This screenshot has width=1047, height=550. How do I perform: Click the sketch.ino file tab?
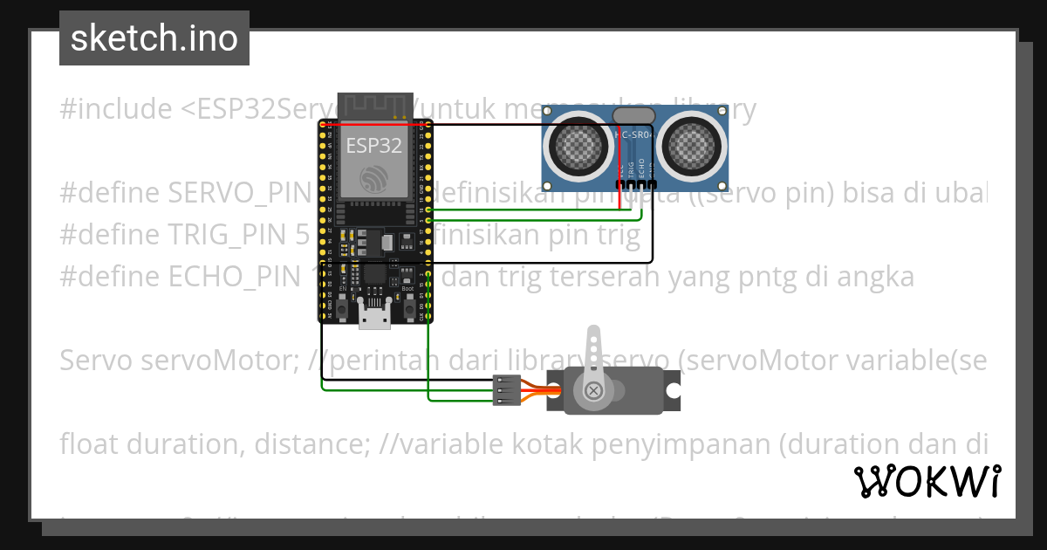(x=154, y=38)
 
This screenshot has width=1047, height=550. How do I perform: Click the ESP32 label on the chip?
(x=373, y=144)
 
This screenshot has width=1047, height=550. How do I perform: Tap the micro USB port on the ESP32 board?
(x=375, y=320)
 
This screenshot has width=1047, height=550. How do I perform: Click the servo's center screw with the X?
(x=594, y=390)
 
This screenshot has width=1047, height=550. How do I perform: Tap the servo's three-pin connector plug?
(x=506, y=390)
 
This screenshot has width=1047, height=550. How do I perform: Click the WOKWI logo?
(x=927, y=481)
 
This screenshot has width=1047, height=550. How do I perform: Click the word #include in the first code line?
(x=116, y=109)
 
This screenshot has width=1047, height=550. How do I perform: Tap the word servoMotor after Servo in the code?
(x=217, y=361)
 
